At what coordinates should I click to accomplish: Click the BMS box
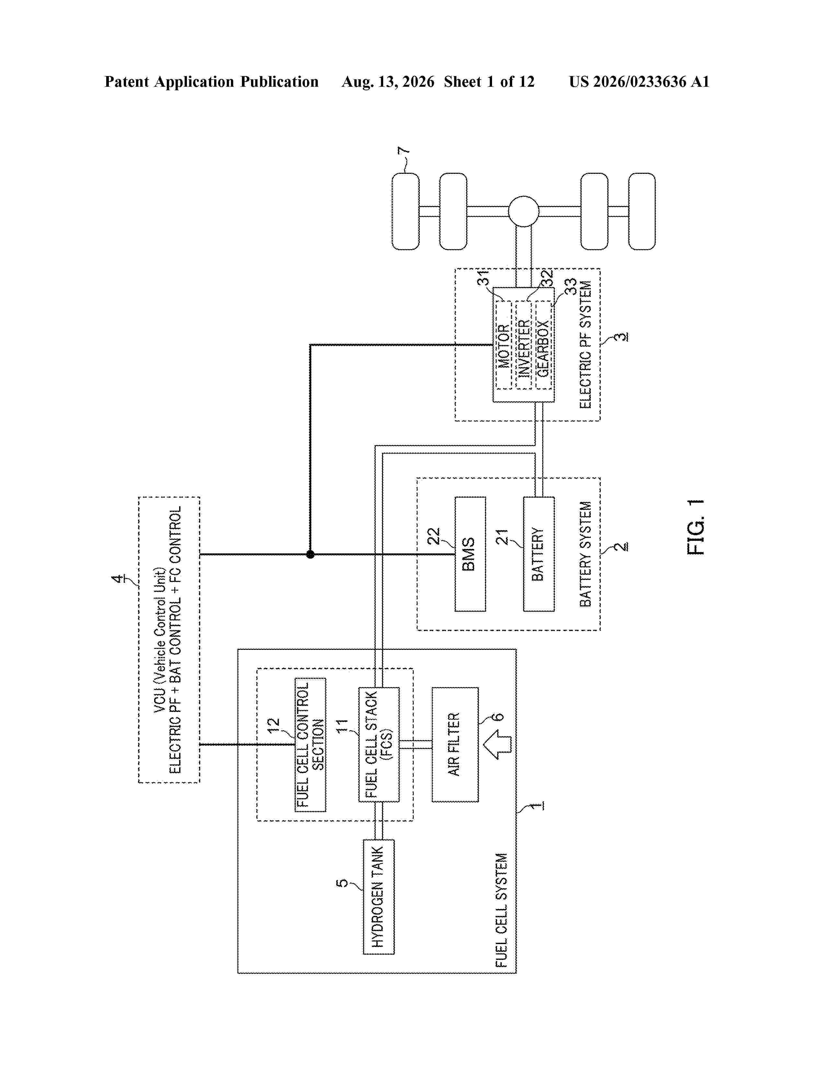coord(470,554)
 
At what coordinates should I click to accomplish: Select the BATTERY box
coord(539,554)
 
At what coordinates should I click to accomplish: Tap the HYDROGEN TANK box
coord(378,897)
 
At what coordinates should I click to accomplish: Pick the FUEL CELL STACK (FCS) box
coord(379,744)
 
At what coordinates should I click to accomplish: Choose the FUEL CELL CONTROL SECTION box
coord(310,744)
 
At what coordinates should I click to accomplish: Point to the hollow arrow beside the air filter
coord(497,744)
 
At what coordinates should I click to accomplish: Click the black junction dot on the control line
coord(310,554)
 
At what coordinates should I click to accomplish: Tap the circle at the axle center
coord(523,211)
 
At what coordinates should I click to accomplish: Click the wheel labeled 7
coord(406,211)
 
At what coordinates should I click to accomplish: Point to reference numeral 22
coord(433,536)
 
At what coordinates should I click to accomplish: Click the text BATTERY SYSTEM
coord(585,554)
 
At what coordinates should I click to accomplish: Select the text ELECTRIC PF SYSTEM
coord(585,344)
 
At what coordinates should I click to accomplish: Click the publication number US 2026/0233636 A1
coord(639,82)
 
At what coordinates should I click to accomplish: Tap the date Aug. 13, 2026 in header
coord(388,82)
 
